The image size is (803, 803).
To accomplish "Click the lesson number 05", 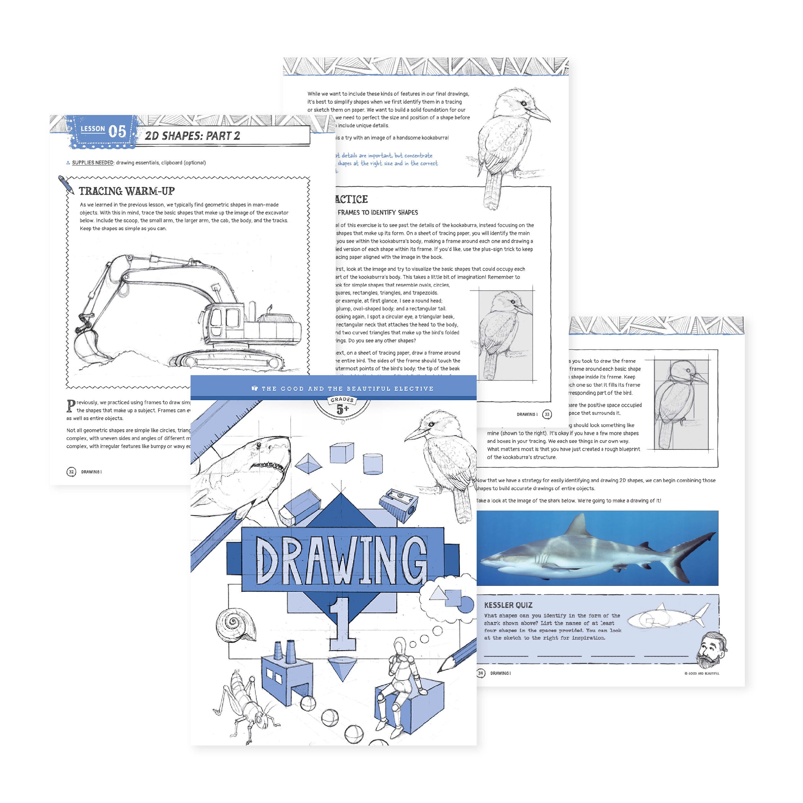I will click(x=117, y=131).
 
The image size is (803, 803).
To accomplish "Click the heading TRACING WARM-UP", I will click(x=127, y=191).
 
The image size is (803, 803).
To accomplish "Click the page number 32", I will click(x=71, y=472).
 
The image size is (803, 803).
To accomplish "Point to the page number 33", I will click(x=547, y=414).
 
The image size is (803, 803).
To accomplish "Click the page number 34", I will click(x=481, y=673).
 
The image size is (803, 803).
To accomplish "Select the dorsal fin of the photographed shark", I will click(x=579, y=525).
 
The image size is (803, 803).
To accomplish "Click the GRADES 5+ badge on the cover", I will click(x=342, y=406).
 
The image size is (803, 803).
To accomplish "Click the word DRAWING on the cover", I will click(x=342, y=561).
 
